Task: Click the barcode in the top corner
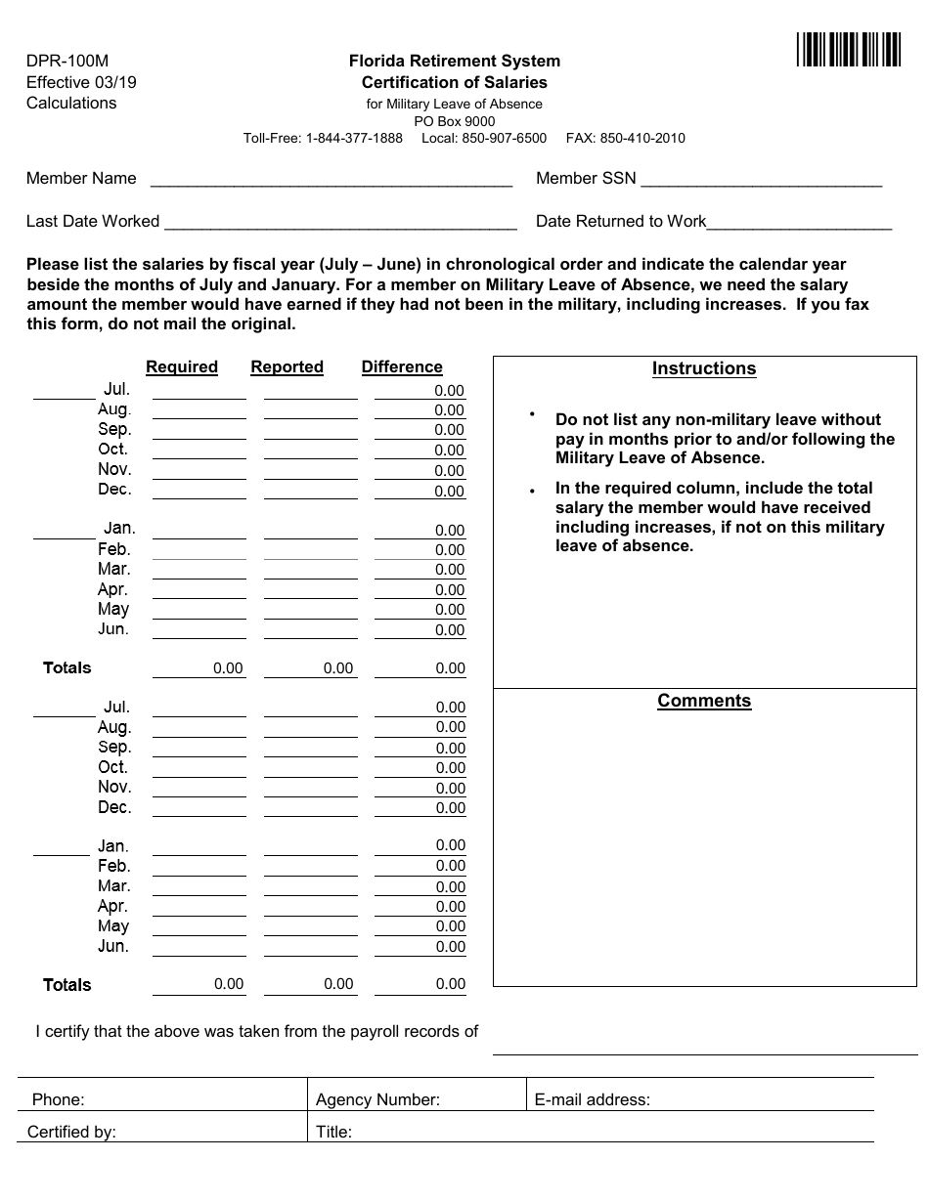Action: [848, 49]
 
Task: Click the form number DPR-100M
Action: [67, 61]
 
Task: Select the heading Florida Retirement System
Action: [454, 61]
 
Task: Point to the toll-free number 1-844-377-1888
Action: [354, 138]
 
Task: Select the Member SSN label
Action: [586, 178]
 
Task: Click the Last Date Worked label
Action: [93, 221]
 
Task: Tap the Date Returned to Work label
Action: [621, 221]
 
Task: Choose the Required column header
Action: [182, 366]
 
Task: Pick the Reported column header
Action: [287, 366]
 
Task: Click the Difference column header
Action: [402, 366]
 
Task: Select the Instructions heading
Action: [704, 368]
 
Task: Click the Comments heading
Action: [704, 701]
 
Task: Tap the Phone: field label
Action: [59, 1099]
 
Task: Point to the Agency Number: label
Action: [377, 1099]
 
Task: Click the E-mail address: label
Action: [592, 1099]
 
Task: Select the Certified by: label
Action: [71, 1133]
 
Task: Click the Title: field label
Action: [333, 1133]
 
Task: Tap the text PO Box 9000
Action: [454, 121]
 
